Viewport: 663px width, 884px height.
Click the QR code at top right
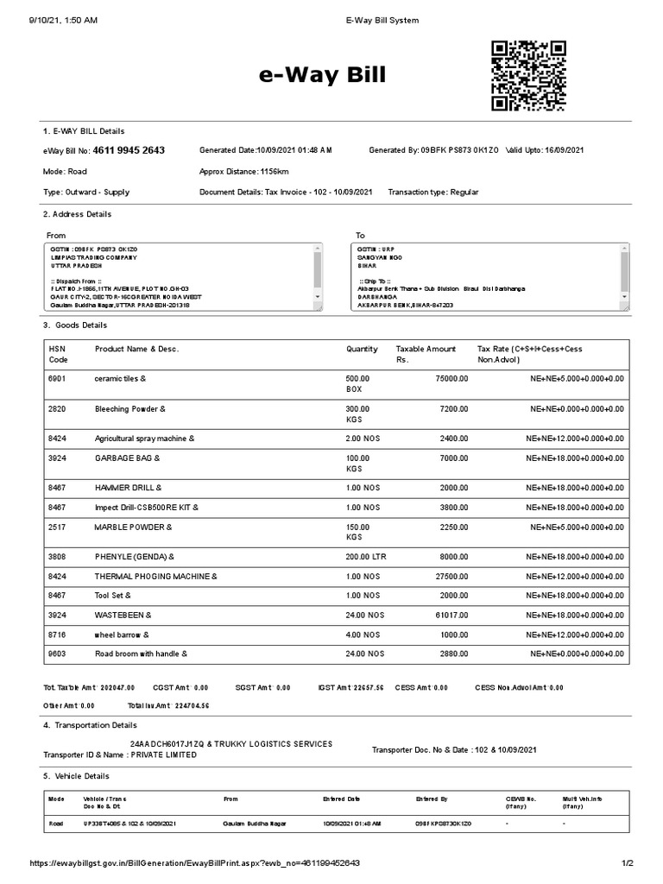[528, 76]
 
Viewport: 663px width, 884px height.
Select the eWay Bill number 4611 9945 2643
[129, 150]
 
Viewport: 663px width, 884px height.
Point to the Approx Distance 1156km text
[243, 172]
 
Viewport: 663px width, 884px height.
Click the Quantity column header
[362, 349]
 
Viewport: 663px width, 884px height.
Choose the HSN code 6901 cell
[58, 378]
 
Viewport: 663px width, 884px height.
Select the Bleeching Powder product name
[129, 408]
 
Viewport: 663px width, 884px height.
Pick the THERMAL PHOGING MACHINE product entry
[155, 576]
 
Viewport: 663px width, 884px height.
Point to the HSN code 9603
[58, 654]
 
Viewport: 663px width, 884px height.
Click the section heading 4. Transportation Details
[90, 725]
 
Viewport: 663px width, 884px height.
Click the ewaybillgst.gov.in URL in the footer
[194, 863]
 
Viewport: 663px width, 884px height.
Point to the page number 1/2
[627, 863]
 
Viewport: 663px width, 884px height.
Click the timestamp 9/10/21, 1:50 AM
[63, 19]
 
